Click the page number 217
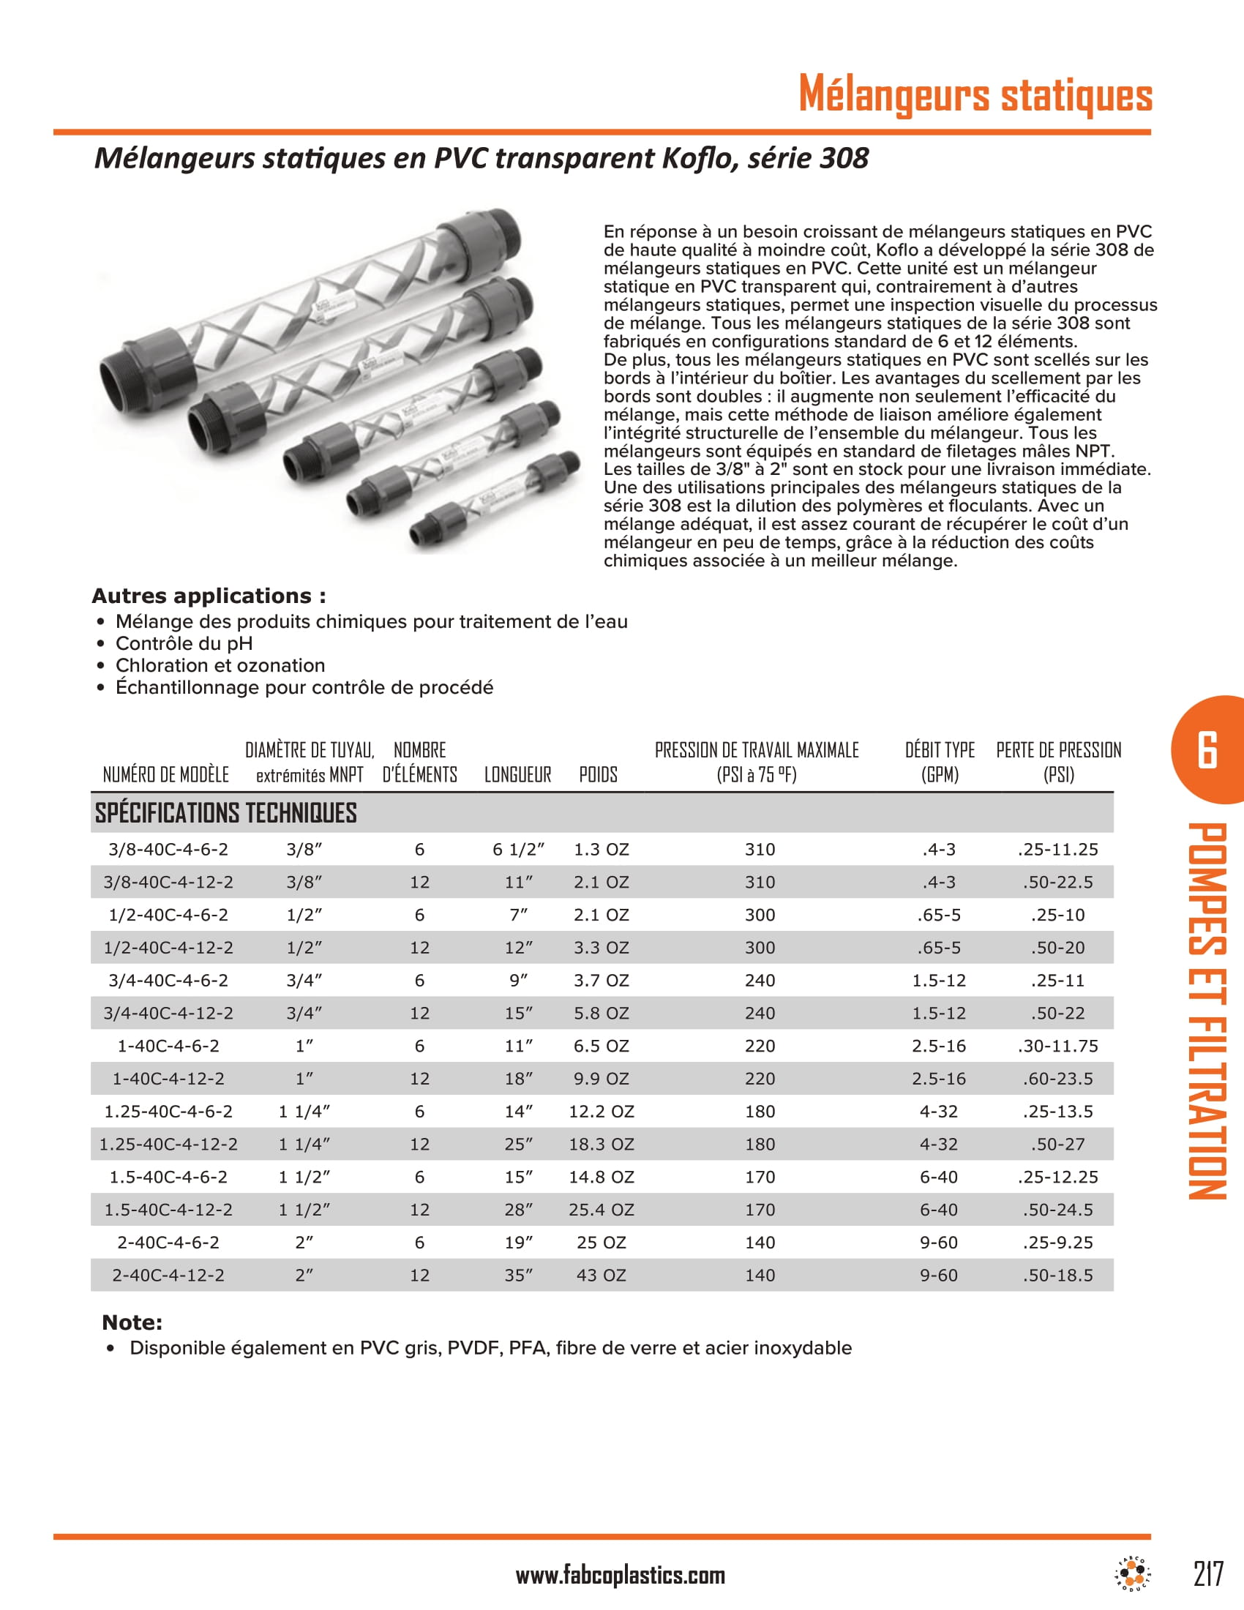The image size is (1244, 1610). click(x=1208, y=1574)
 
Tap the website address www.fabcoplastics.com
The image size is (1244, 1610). click(x=620, y=1576)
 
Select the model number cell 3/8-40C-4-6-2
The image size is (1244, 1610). click(x=168, y=849)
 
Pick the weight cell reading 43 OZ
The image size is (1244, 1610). click(x=601, y=1276)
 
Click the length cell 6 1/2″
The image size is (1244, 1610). click(x=518, y=849)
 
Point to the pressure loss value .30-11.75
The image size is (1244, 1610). click(x=1057, y=1046)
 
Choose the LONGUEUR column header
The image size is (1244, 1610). click(x=517, y=775)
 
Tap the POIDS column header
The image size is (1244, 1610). click(x=598, y=775)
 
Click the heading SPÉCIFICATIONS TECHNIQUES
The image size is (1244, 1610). click(x=225, y=813)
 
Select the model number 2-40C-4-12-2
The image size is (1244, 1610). click(x=168, y=1276)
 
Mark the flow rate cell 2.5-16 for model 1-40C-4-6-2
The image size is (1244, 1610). click(x=938, y=1046)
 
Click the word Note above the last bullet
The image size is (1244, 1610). click(x=132, y=1322)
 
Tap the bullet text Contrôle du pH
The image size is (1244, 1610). click(x=184, y=643)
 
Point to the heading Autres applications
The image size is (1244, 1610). click(x=209, y=596)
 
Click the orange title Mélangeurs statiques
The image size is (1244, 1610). click(x=975, y=95)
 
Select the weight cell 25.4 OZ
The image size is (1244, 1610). click(x=601, y=1210)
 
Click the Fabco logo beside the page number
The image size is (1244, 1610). click(x=1133, y=1575)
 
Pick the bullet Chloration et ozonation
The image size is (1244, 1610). click(x=220, y=666)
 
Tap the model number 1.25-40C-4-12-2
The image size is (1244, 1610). click(x=168, y=1144)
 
